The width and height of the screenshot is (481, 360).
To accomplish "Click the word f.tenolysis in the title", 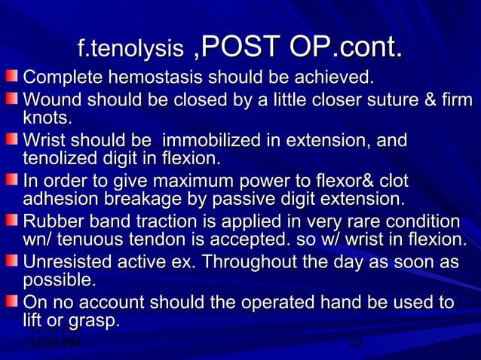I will coord(130,50).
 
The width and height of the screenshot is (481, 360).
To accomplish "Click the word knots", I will coord(48,118).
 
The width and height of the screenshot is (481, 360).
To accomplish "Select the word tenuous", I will coord(92,240).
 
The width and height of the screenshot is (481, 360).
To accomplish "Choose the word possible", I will coord(57,281).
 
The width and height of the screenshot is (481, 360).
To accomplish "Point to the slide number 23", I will coord(357,343).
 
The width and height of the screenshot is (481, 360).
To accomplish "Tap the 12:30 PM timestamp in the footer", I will coord(54,343).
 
